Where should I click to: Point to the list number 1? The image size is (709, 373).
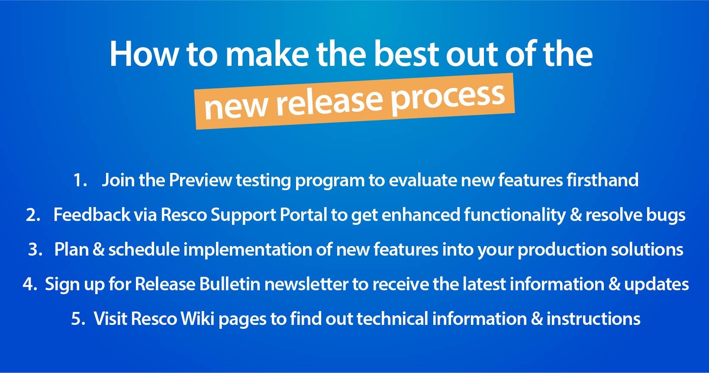[80, 180]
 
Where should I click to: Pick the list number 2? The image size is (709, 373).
[33, 215]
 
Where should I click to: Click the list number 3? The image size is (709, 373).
[35, 250]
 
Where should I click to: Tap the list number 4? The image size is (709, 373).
[30, 284]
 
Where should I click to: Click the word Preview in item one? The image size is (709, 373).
[200, 180]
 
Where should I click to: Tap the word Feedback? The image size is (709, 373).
[92, 214]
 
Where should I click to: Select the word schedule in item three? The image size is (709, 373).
[144, 249]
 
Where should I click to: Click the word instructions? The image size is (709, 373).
[593, 318]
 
